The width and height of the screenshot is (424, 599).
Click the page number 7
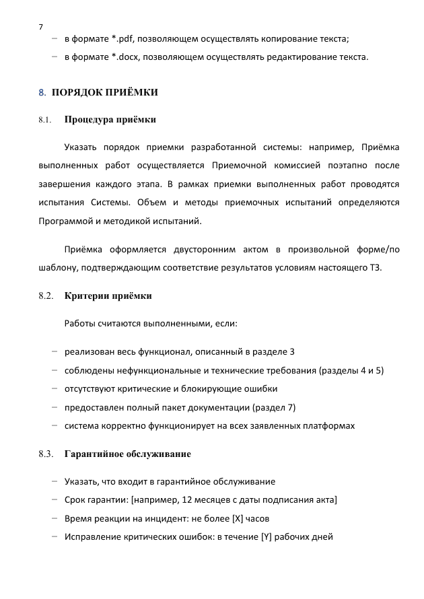41,26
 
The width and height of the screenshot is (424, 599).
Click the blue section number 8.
42,92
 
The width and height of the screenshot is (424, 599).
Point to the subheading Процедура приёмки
110,120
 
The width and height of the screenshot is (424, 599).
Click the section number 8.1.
45,120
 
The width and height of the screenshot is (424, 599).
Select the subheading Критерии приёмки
108,295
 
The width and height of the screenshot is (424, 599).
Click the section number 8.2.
46,295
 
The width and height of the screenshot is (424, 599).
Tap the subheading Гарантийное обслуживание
127,454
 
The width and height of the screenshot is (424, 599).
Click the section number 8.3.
46,454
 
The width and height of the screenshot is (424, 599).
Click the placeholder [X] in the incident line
237,518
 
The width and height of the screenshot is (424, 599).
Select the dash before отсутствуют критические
53,388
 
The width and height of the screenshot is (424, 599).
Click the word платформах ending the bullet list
330,425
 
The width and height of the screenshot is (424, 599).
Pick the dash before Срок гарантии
53,500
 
